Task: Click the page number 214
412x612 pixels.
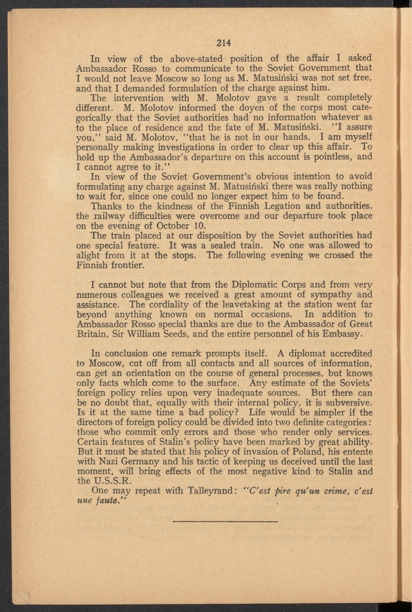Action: (x=224, y=42)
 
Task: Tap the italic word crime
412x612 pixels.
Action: (x=329, y=491)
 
